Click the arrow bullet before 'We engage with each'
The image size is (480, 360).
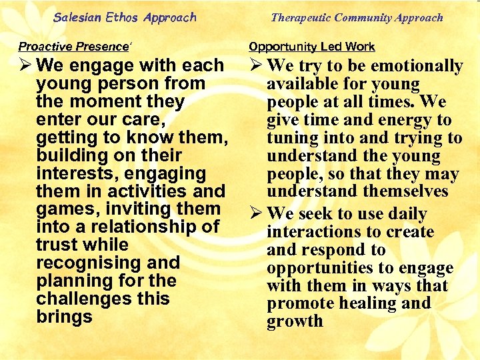click(x=26, y=66)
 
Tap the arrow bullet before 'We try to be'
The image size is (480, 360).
click(x=256, y=66)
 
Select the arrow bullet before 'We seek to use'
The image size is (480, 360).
click(x=256, y=215)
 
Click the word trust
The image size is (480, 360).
click(x=59, y=245)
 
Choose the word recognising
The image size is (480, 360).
click(x=89, y=263)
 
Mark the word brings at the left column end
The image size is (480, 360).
click(x=65, y=317)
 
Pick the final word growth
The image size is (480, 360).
click(x=295, y=322)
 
